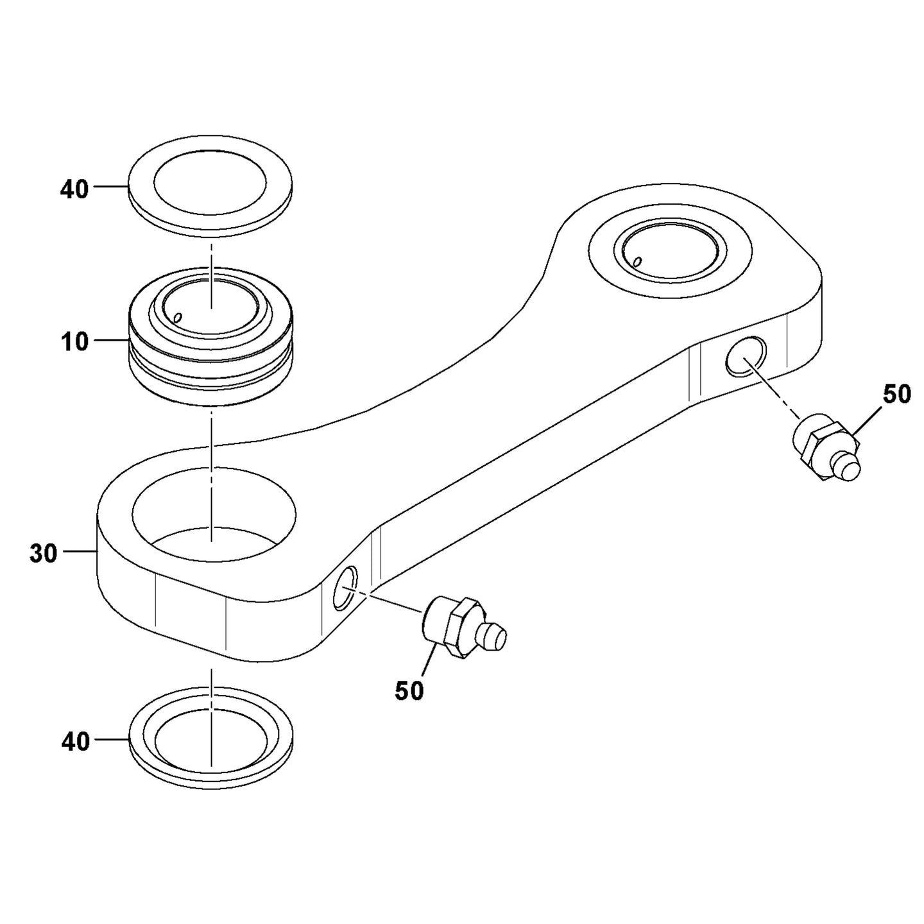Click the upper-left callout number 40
[74, 191]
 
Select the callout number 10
[75, 342]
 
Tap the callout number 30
[43, 553]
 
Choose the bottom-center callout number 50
[409, 690]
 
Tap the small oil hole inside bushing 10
[178, 318]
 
